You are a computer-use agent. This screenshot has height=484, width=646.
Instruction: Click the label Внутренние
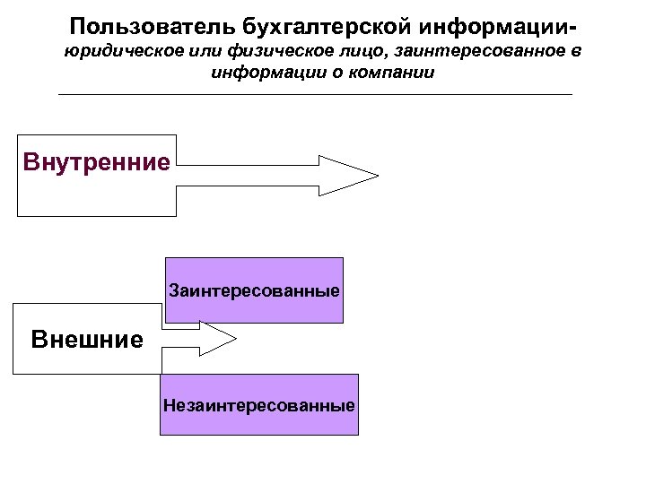point(96,163)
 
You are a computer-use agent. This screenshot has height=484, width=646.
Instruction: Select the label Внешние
point(86,340)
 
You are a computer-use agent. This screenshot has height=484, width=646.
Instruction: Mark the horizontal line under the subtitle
point(314,94)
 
